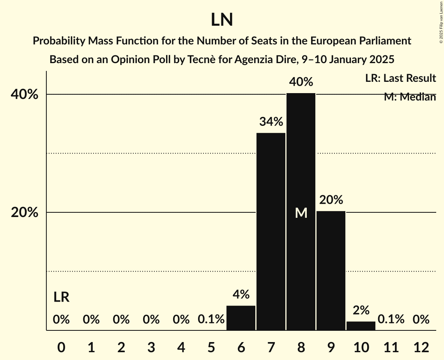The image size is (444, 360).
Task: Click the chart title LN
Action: click(222, 20)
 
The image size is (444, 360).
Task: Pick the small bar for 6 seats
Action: click(241, 318)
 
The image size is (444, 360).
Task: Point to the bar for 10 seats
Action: click(361, 326)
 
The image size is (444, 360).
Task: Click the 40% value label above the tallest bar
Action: click(301, 82)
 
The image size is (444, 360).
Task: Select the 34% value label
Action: click(271, 122)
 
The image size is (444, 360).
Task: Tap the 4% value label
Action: click(241, 295)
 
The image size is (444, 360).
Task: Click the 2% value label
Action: click(361, 310)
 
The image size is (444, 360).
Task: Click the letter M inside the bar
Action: click(301, 213)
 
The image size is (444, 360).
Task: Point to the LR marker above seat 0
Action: click(61, 297)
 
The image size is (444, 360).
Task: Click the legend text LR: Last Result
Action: click(400, 78)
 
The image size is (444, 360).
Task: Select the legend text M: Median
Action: click(410, 97)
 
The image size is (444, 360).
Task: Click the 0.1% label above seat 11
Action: click(391, 320)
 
